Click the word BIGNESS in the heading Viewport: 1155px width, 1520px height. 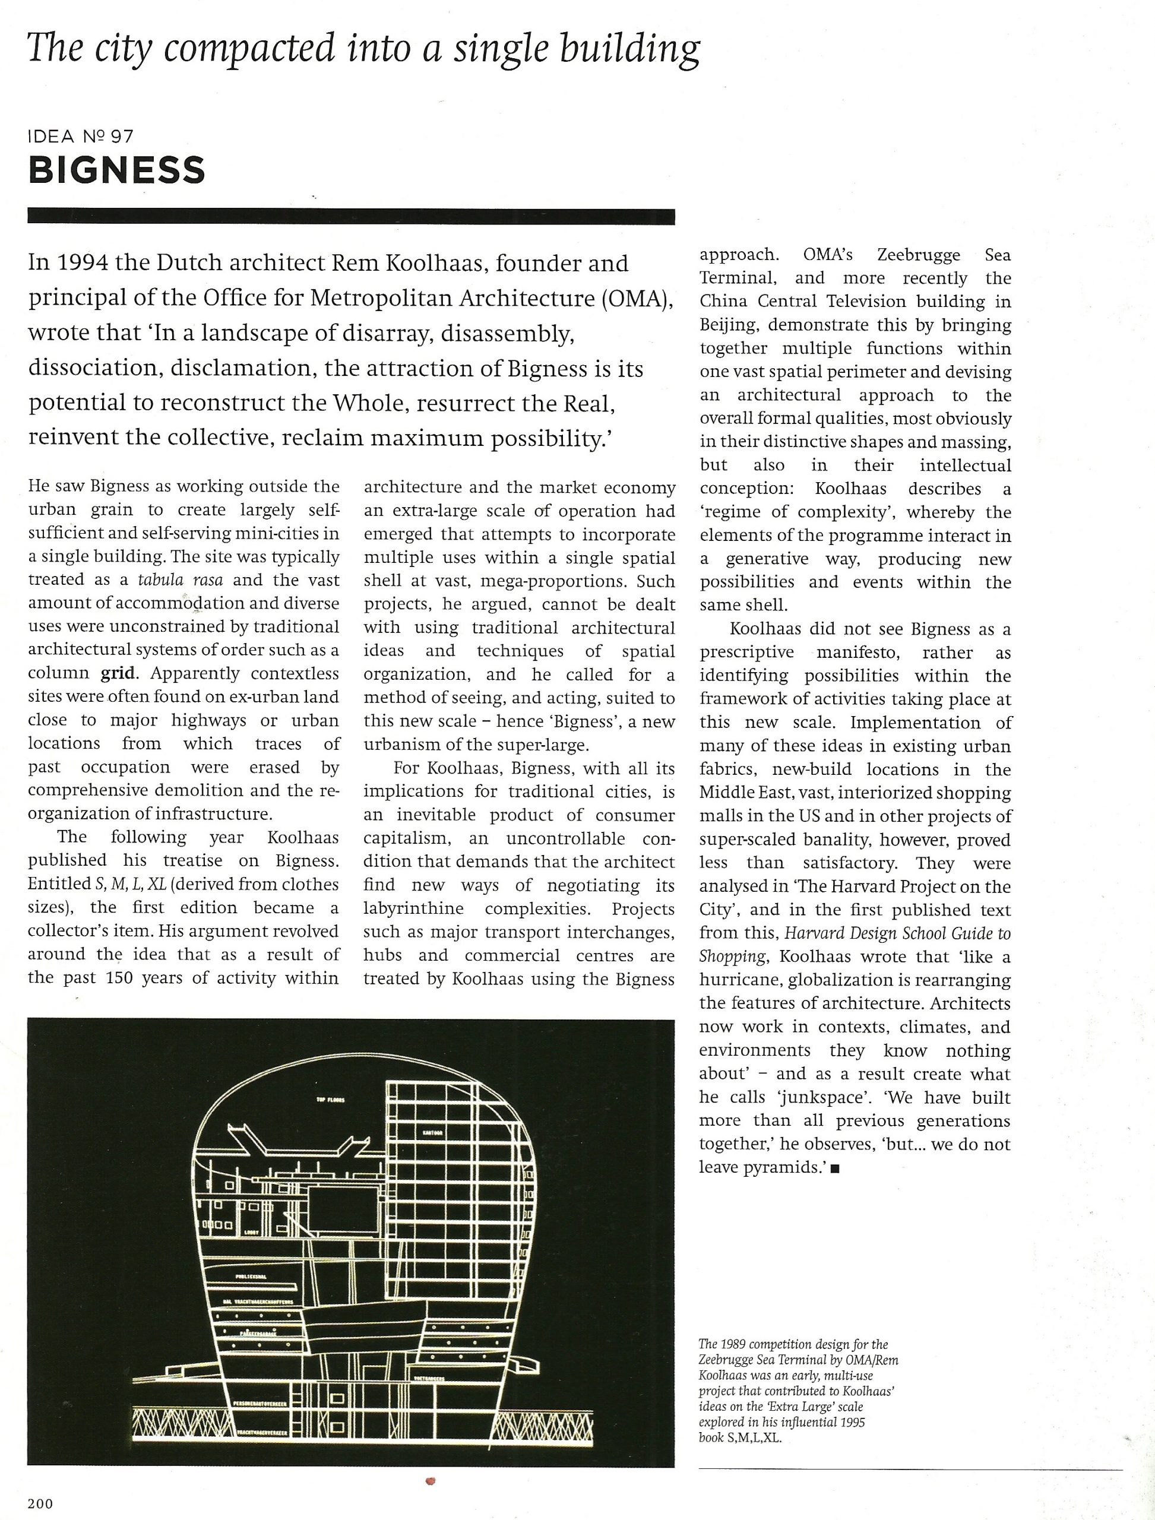116,170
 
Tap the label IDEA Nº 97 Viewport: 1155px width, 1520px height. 80,136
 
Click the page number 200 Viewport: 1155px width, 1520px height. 40,1503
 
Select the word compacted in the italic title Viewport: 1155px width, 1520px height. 249,49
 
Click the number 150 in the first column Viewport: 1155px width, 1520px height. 119,977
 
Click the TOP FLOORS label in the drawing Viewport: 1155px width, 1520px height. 331,1099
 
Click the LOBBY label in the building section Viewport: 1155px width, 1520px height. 252,1233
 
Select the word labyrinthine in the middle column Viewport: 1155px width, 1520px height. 413,908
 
